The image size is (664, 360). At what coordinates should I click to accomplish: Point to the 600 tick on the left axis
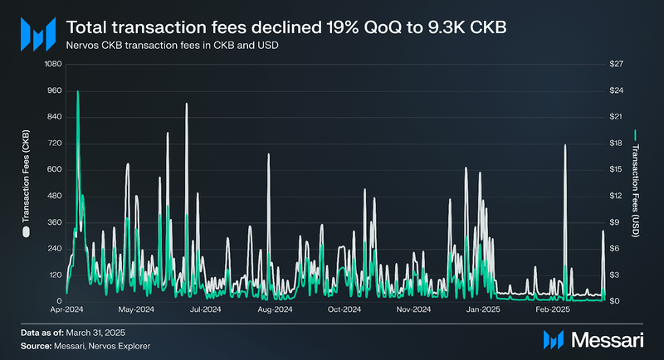54,169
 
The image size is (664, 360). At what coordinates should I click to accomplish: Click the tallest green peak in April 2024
78,92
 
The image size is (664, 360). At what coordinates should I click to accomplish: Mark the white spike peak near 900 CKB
187,105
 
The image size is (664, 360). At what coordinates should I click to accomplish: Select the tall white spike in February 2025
565,145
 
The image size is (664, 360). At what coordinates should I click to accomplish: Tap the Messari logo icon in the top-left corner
37,33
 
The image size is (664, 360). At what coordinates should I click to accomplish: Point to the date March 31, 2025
99,333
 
